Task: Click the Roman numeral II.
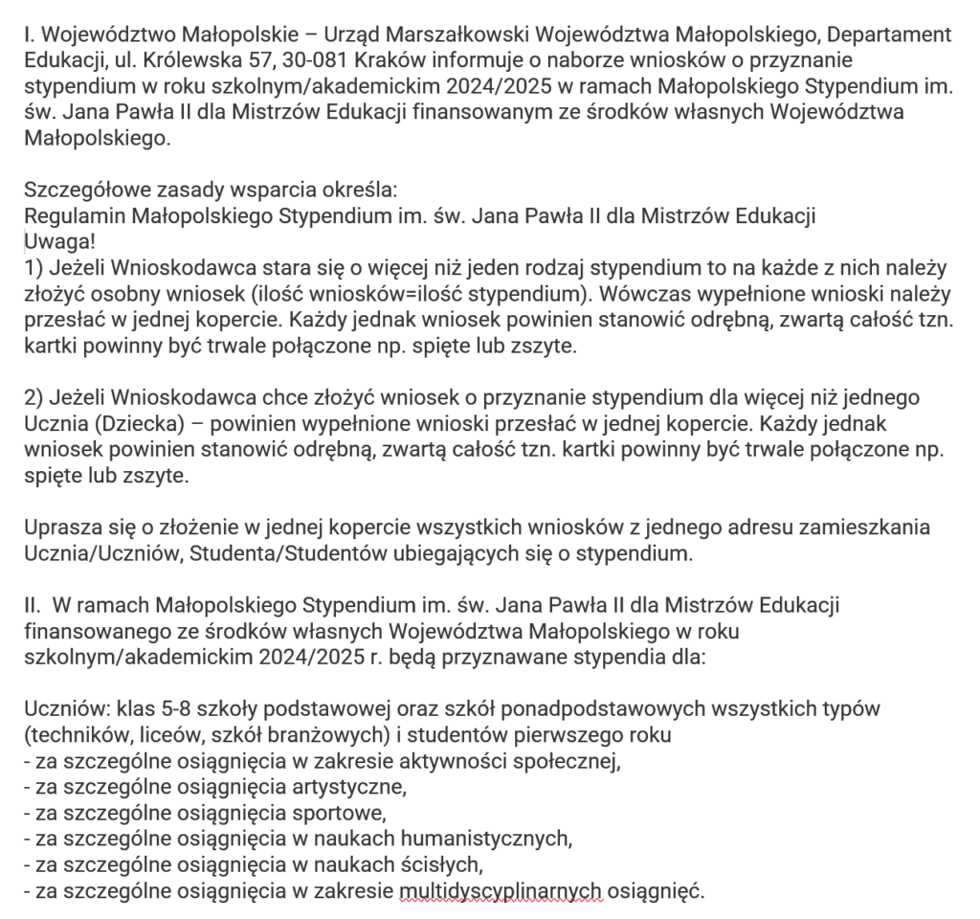pyautogui.click(x=32, y=604)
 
